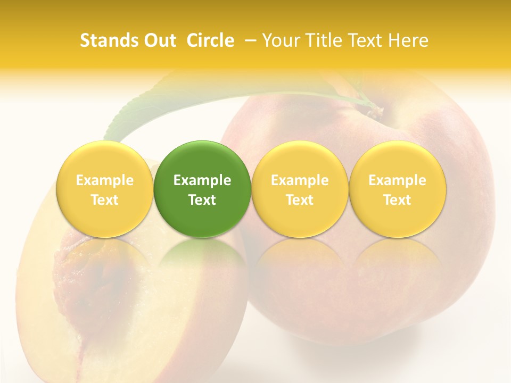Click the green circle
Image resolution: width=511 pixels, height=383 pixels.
point(202,189)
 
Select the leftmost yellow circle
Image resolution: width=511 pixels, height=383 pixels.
point(105,189)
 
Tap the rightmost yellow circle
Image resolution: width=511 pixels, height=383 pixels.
point(397,189)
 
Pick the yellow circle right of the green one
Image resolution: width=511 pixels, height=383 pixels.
point(300,189)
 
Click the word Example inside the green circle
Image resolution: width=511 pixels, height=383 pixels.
point(202,180)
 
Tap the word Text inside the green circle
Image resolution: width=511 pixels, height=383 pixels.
point(202,200)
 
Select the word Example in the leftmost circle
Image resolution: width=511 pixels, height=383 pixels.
point(105,180)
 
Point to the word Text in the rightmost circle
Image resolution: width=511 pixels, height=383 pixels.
point(397,200)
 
